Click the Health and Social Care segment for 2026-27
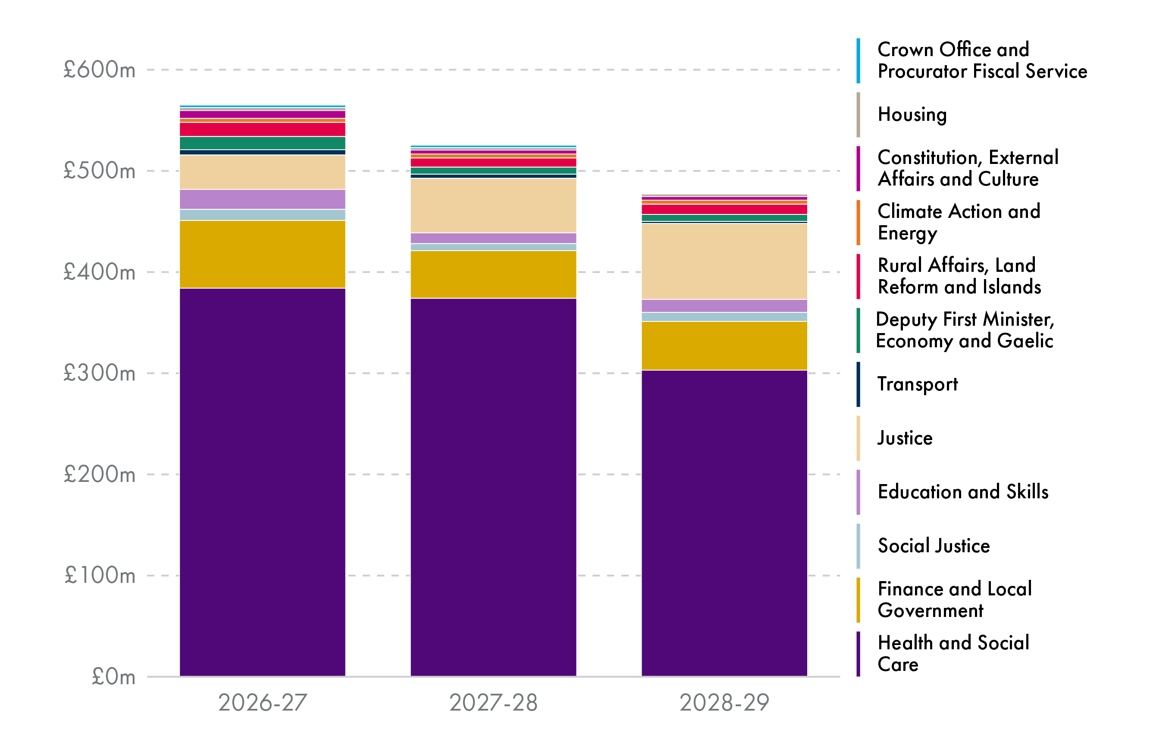click(x=262, y=482)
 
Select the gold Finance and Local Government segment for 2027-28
click(x=493, y=274)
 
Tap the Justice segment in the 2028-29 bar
click(x=724, y=261)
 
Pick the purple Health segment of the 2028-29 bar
click(x=724, y=523)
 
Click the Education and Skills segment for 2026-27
click(x=262, y=199)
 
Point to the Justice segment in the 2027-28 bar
click(x=493, y=205)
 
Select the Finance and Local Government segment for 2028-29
click(x=724, y=346)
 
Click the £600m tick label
click(x=100, y=70)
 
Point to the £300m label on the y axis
click(x=100, y=373)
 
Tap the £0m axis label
click(x=113, y=677)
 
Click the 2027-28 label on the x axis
click(x=493, y=702)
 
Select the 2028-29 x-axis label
click(x=724, y=702)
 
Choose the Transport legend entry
click(x=917, y=384)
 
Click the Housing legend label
click(x=912, y=115)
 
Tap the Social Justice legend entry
click(x=934, y=546)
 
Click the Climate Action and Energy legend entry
click(x=958, y=222)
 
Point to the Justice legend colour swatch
click(x=858, y=438)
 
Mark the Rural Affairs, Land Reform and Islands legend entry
click(x=959, y=276)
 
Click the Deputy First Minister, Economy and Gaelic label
click(x=964, y=330)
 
